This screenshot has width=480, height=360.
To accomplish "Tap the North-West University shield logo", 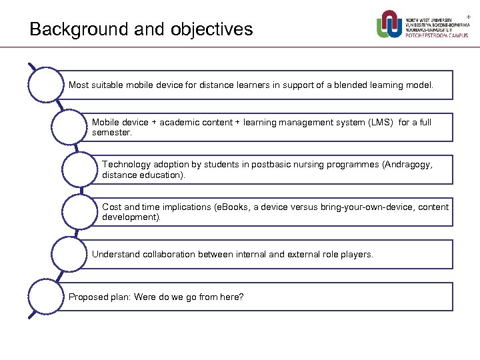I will tap(389, 25).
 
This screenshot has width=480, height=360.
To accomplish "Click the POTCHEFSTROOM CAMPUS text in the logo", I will tap(437, 36).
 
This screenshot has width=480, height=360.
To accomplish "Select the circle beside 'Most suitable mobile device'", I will tap(44, 85).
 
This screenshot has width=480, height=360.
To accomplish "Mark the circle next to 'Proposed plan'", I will tap(44, 297).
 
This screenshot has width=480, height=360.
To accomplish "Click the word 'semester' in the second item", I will tap(111, 133).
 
